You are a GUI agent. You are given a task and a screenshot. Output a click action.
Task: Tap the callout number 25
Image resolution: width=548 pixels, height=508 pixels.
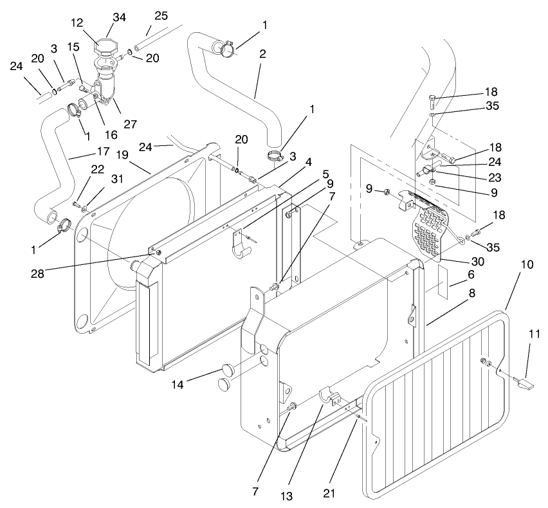161,15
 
